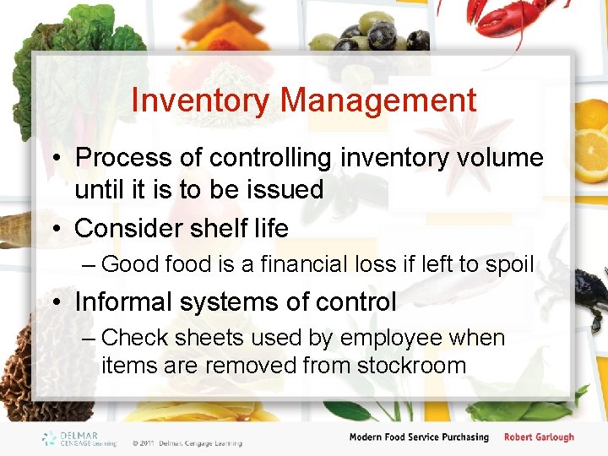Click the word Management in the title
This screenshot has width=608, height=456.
(x=378, y=100)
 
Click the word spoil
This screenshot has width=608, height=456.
(x=509, y=264)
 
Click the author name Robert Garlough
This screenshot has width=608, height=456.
(x=539, y=437)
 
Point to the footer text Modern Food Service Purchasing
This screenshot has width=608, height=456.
(x=419, y=437)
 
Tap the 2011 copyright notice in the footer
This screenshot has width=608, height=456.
(x=187, y=442)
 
